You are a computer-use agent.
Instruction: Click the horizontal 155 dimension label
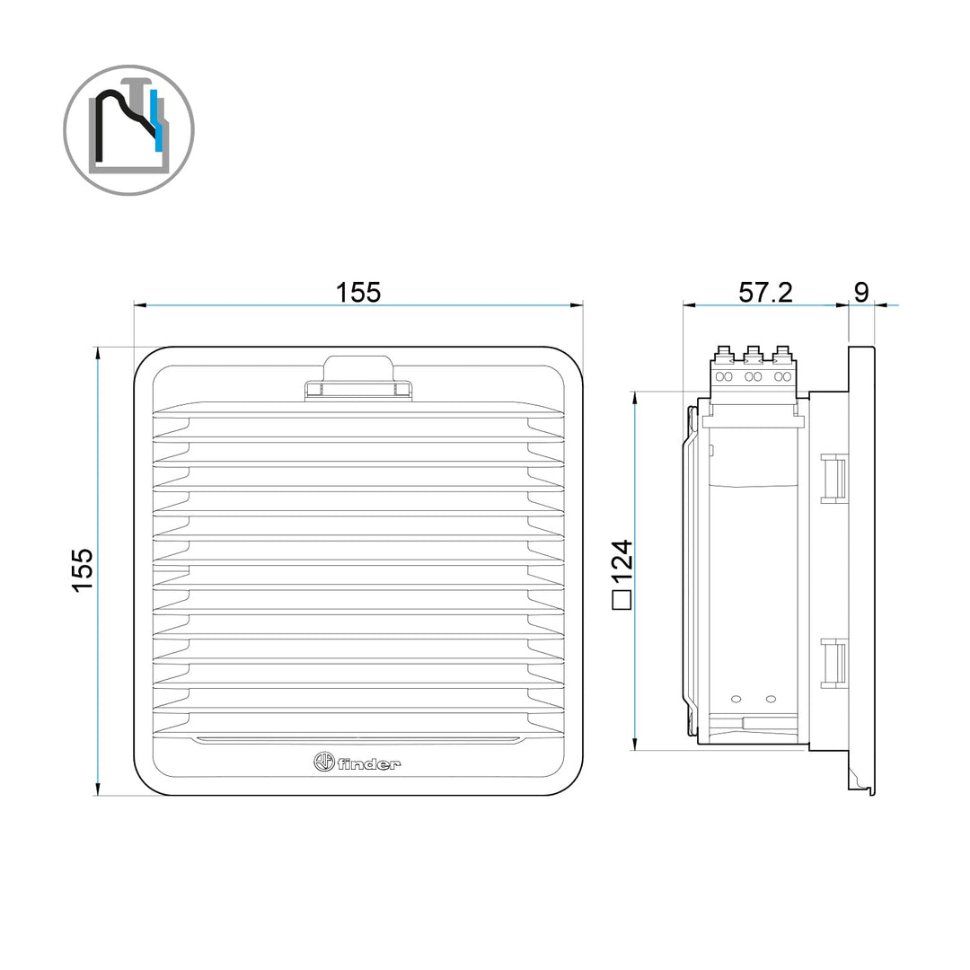click(358, 293)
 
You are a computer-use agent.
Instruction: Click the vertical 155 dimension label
click(83, 570)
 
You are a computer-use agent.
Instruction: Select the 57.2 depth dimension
click(765, 293)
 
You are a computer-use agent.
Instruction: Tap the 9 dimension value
click(861, 293)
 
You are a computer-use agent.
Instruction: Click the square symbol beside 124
click(622, 600)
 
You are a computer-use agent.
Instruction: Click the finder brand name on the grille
click(369, 764)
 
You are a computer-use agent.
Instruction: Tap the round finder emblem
click(324, 763)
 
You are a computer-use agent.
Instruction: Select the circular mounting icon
click(128, 130)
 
